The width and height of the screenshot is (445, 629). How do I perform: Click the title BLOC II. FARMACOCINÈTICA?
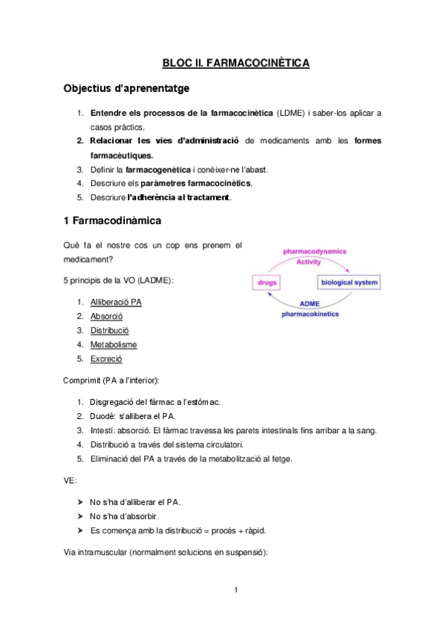(236, 63)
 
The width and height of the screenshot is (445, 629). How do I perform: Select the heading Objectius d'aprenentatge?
(126, 89)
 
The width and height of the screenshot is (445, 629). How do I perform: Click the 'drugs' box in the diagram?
(266, 283)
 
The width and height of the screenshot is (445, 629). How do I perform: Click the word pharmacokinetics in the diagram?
(309, 314)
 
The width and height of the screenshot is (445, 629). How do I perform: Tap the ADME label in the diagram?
(309, 304)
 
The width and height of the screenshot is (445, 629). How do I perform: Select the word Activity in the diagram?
(309, 262)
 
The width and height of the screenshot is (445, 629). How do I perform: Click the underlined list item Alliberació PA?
(116, 302)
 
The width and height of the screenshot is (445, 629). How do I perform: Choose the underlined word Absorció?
(106, 316)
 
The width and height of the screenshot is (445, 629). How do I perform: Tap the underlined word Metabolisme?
(113, 344)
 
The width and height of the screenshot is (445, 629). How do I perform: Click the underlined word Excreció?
(106, 358)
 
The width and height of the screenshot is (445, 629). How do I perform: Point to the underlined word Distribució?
(109, 330)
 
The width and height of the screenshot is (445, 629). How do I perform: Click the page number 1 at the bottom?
(236, 590)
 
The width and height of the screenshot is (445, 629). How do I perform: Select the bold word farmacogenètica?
(158, 169)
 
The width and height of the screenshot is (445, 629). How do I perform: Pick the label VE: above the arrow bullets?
(69, 480)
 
